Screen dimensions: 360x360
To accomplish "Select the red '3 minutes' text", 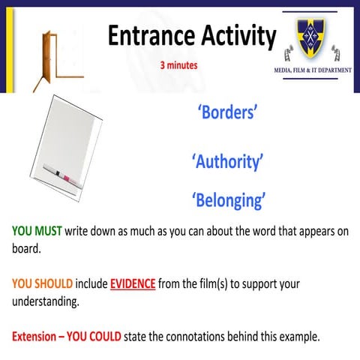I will click(x=178, y=65).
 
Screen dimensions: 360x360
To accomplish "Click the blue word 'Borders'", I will click(x=228, y=112).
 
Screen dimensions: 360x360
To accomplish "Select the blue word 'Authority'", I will click(x=228, y=160).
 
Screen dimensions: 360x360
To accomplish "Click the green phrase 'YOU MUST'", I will click(x=37, y=231).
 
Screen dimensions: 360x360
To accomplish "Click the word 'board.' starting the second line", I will click(x=26, y=248).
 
